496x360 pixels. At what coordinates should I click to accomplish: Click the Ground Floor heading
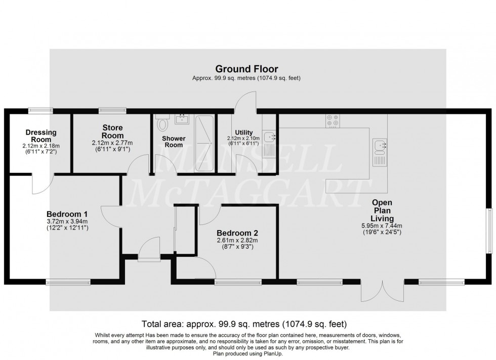click(246, 69)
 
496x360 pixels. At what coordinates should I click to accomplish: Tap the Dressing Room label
click(41, 137)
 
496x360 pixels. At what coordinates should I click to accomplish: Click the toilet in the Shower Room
click(162, 123)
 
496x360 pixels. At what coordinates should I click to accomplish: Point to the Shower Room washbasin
click(182, 119)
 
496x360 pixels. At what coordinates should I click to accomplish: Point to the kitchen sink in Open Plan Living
click(379, 146)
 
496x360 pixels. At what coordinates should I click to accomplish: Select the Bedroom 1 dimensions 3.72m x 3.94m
click(67, 221)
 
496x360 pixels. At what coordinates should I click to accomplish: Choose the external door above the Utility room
click(243, 101)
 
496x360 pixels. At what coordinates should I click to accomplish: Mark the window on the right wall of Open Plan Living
click(489, 230)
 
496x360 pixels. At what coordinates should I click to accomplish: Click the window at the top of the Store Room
click(112, 109)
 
